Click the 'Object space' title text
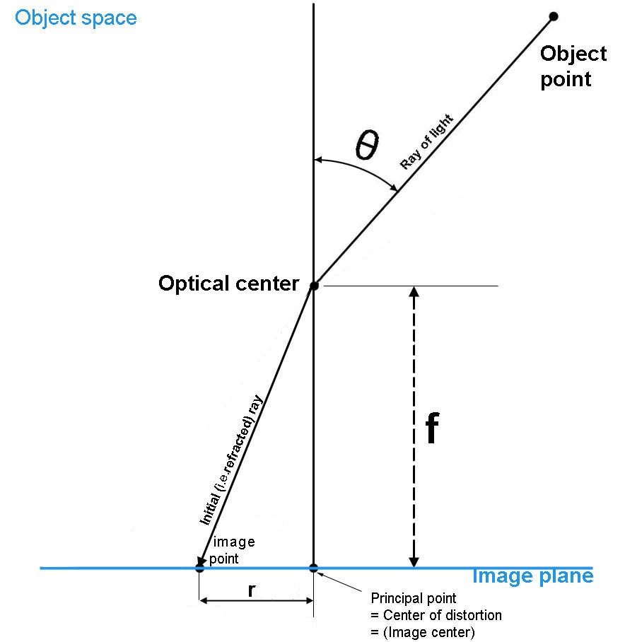(x=76, y=17)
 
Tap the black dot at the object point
(x=554, y=16)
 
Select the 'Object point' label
(x=565, y=66)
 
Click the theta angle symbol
(x=366, y=146)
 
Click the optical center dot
(x=314, y=286)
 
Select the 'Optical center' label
(x=229, y=284)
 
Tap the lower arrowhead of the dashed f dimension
(x=415, y=561)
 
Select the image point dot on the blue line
(x=199, y=567)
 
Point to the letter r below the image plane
(x=252, y=591)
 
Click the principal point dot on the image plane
(x=314, y=568)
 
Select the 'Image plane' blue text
(x=532, y=576)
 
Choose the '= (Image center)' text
(x=421, y=631)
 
